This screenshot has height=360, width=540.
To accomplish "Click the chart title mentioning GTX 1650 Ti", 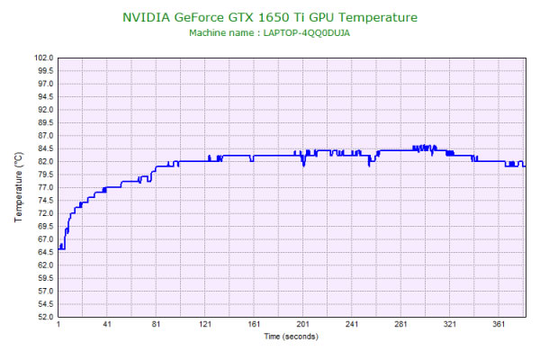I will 269,17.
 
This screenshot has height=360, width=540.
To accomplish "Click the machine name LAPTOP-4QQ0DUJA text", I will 269,33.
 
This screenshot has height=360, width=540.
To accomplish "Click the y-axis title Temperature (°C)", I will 18,187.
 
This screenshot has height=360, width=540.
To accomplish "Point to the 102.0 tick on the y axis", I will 42,58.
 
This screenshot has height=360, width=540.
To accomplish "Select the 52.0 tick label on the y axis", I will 44,317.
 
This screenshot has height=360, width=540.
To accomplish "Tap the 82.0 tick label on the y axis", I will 44,161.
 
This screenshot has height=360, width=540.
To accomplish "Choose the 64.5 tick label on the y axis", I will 44,252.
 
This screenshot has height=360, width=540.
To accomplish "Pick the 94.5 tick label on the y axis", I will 44,96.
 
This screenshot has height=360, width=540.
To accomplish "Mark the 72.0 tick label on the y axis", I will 44,213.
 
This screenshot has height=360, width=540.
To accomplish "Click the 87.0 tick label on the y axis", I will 44,135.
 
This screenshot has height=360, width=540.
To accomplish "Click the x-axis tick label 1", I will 58,324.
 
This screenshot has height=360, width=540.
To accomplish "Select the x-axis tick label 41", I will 107,324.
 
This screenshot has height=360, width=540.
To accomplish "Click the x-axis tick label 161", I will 254,324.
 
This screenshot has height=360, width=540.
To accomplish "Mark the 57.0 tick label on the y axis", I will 44,291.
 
